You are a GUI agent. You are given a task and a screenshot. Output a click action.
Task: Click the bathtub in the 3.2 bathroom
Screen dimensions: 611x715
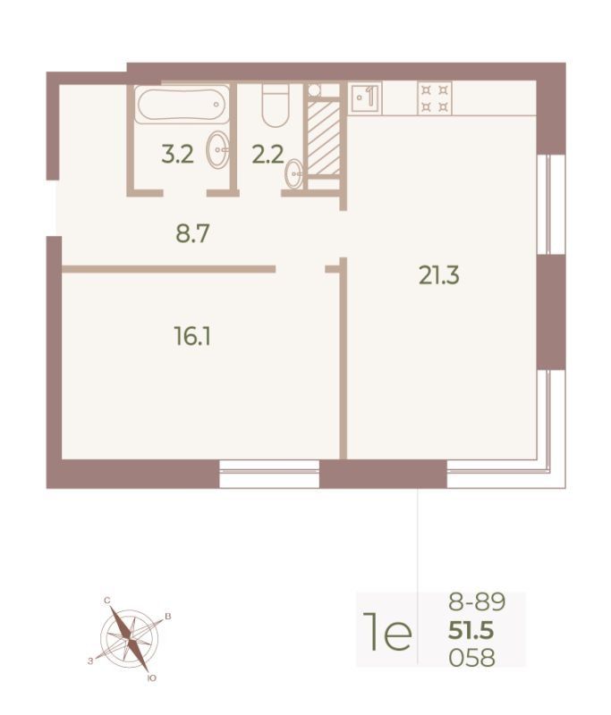click(x=183, y=105)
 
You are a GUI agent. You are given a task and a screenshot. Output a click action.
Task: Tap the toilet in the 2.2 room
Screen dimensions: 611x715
click(x=276, y=105)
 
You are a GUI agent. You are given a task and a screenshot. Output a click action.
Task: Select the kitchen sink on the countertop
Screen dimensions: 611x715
click(x=366, y=97)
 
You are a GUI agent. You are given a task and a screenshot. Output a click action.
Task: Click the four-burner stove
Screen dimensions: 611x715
click(x=435, y=98)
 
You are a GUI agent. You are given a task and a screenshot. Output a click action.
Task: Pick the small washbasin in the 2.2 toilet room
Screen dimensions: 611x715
click(x=294, y=173)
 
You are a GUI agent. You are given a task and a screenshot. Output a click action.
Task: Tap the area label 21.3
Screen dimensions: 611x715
click(x=438, y=276)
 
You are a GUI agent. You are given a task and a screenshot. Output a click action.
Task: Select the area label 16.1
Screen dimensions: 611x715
click(x=192, y=337)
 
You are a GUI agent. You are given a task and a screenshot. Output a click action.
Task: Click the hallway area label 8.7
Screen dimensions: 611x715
click(x=192, y=234)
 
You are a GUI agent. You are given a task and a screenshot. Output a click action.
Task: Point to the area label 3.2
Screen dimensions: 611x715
click(x=177, y=154)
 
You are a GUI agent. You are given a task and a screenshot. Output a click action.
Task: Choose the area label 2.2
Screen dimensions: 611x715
click(x=267, y=154)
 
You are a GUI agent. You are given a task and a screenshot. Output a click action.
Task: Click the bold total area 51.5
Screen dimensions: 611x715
click(x=471, y=632)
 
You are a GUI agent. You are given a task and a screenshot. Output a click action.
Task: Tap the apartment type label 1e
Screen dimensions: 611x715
click(x=387, y=632)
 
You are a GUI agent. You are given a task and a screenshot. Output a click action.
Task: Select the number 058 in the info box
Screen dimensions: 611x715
click(x=471, y=658)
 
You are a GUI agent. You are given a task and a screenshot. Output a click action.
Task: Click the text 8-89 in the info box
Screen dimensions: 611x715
click(x=477, y=601)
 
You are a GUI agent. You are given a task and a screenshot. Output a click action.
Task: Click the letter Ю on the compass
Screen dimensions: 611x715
click(x=152, y=679)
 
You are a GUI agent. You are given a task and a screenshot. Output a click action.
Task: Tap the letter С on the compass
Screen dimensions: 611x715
click(x=107, y=601)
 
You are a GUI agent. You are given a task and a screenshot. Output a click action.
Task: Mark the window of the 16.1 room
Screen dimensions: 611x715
click(x=269, y=474)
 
